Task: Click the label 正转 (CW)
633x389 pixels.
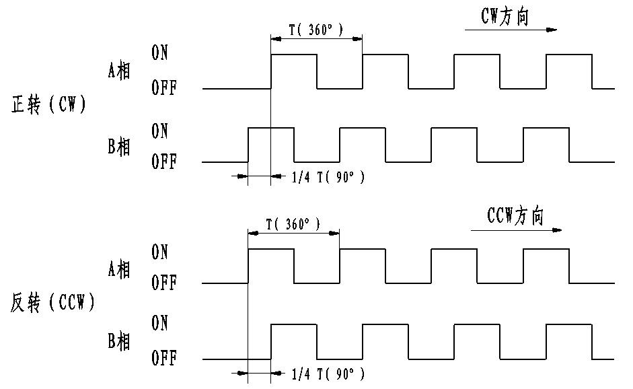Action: point(49,106)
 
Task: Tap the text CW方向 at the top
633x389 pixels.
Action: point(505,17)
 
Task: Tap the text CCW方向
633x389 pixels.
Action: point(515,217)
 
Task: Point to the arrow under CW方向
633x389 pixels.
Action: point(511,30)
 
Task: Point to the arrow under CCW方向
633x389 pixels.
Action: point(516,230)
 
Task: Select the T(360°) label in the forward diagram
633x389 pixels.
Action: point(315,30)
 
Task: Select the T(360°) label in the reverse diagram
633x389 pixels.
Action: point(293,224)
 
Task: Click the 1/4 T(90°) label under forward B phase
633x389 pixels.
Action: point(328,178)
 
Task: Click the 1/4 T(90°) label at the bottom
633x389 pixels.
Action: point(328,372)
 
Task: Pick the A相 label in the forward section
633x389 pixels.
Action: point(119,71)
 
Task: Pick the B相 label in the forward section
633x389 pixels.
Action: point(119,146)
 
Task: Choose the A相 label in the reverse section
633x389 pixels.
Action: point(119,268)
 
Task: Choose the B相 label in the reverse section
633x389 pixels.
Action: point(119,341)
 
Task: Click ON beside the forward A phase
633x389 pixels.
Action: point(160,54)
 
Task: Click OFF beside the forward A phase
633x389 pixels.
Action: point(163,89)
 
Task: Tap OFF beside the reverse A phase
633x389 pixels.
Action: point(163,283)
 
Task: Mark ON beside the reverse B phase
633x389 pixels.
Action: point(160,324)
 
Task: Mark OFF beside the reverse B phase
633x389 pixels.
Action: point(163,359)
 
